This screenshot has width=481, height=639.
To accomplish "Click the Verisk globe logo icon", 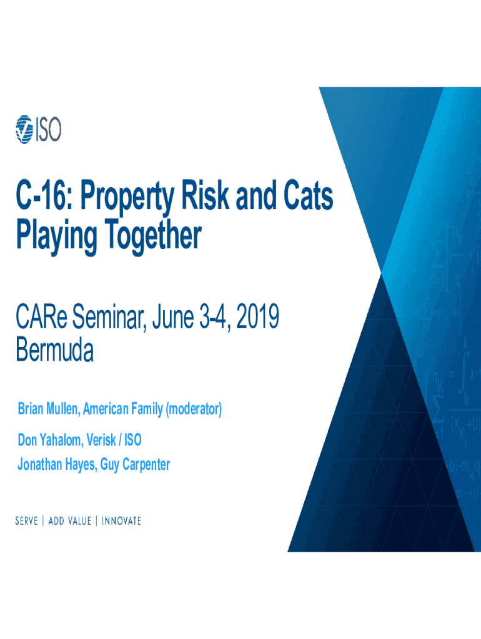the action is pyautogui.click(x=24, y=129).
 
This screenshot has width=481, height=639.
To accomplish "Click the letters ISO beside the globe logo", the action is pyautogui.click(x=48, y=130).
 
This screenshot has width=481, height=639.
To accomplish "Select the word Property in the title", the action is pyautogui.click(x=127, y=198).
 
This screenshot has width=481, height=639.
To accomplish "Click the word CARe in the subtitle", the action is pyautogui.click(x=41, y=316).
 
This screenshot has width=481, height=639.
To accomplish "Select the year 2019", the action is pyautogui.click(x=258, y=316).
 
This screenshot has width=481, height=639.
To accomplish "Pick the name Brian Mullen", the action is pyautogui.click(x=49, y=408).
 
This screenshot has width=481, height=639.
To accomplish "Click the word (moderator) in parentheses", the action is pyautogui.click(x=194, y=409).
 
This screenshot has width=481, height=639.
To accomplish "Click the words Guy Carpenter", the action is pyautogui.click(x=135, y=464).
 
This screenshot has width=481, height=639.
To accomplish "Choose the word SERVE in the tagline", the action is pyautogui.click(x=26, y=521).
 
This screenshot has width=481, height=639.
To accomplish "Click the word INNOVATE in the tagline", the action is pyautogui.click(x=121, y=521).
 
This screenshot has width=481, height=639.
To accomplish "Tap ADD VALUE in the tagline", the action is pyautogui.click(x=70, y=521).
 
